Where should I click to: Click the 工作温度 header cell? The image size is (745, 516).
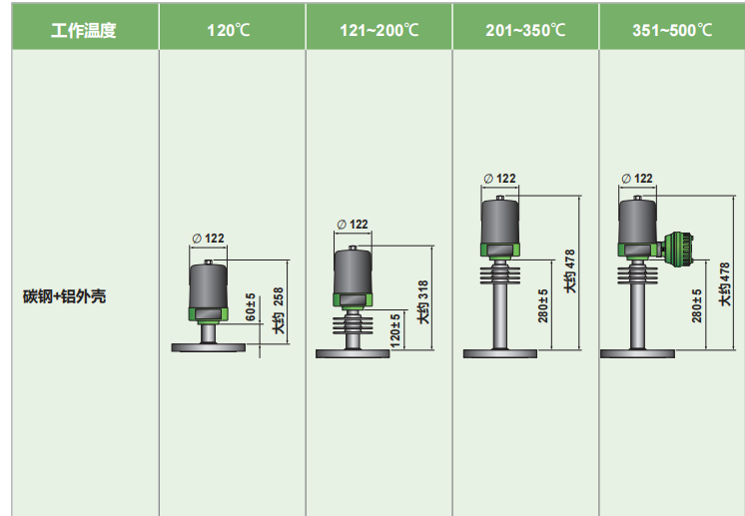click(84, 30)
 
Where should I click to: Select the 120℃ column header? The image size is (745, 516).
click(229, 30)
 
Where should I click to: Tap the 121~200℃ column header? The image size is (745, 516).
click(379, 30)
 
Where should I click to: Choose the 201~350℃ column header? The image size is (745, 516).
click(525, 30)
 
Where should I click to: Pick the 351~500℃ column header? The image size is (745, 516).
click(672, 30)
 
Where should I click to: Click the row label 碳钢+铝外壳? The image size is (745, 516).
click(65, 296)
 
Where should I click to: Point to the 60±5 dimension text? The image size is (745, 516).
click(251, 306)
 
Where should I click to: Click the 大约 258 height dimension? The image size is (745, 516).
click(279, 310)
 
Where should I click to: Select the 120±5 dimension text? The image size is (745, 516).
click(394, 329)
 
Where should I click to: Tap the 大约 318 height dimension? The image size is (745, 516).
click(422, 302)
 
